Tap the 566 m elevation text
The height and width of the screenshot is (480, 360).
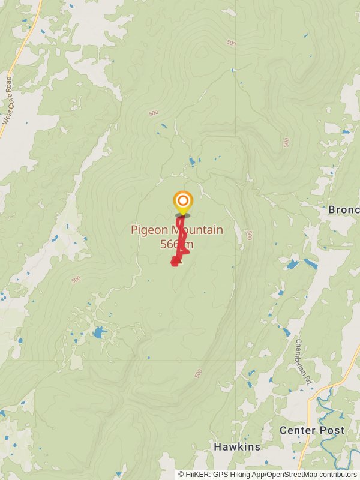coord(177,244)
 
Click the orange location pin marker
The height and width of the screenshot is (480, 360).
coord(182,201)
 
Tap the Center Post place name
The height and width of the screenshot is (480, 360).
coord(312,430)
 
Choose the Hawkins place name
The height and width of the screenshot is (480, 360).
coord(237,447)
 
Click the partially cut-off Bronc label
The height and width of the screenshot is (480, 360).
coord(343,210)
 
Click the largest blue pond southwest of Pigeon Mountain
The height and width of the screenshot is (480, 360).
coord(98,332)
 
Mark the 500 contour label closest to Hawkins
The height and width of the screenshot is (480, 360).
coord(197,373)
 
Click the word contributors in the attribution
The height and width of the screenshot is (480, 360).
coord(336,475)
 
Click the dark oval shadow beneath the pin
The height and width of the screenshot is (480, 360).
coord(182,215)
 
